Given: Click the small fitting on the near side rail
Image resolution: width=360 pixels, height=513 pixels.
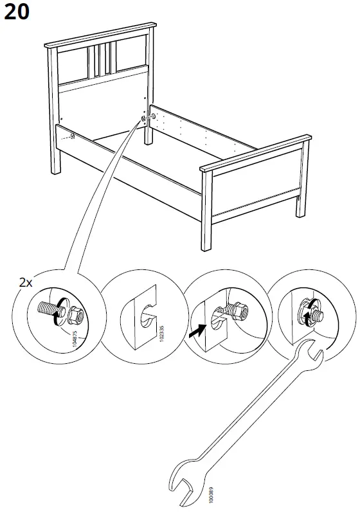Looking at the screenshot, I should coord(73,136).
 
